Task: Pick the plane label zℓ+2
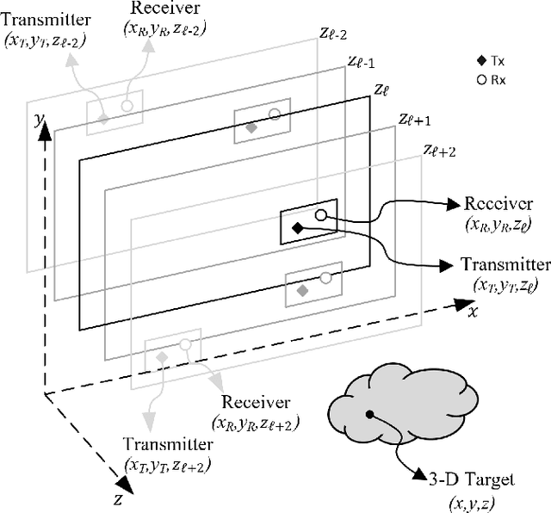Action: pyautogui.click(x=440, y=150)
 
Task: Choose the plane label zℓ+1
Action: pyautogui.click(x=414, y=120)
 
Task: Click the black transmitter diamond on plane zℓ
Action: pyautogui.click(x=297, y=228)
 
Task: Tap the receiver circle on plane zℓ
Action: pyautogui.click(x=320, y=214)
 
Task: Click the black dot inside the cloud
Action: pyautogui.click(x=369, y=415)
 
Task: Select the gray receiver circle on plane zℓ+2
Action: pyautogui.click(x=184, y=345)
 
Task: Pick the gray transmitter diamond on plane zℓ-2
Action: pyautogui.click(x=103, y=119)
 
